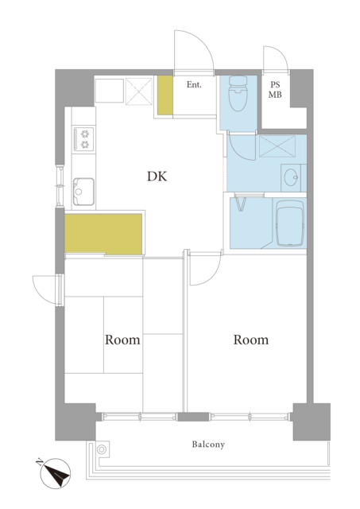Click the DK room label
(x=157, y=177)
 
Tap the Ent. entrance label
(x=194, y=85)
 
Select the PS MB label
(x=275, y=90)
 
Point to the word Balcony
(x=208, y=444)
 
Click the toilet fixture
(x=238, y=94)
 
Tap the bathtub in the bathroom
(x=290, y=223)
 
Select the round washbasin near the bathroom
(x=290, y=177)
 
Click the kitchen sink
(x=83, y=192)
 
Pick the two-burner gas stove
(x=83, y=139)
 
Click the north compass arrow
(x=56, y=473)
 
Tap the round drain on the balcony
(x=102, y=449)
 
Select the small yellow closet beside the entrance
(x=165, y=95)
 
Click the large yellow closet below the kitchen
(x=103, y=234)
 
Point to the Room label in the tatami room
(x=122, y=340)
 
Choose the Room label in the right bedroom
(x=251, y=340)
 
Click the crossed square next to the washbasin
(x=277, y=146)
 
